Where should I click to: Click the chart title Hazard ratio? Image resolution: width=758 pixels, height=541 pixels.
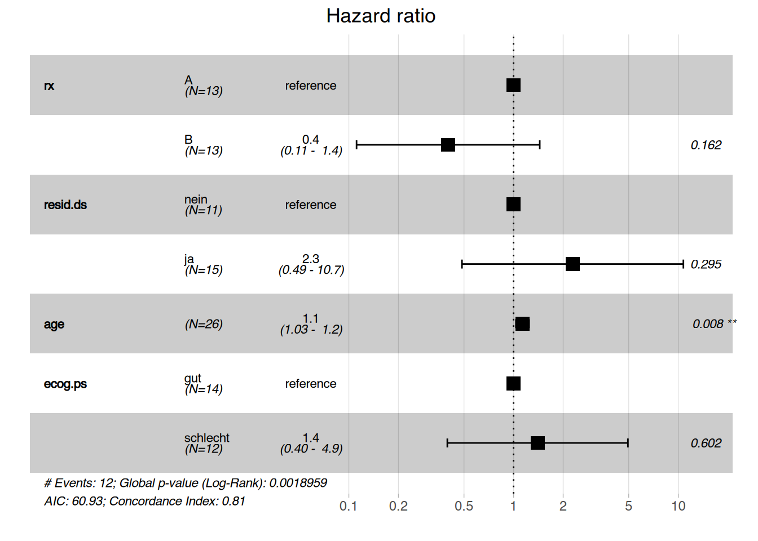pos(381,16)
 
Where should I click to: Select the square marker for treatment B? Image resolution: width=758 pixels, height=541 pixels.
pos(448,145)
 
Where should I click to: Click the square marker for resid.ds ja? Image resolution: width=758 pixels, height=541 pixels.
pos(572,264)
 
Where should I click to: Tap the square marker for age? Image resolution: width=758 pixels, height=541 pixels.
pos(522,323)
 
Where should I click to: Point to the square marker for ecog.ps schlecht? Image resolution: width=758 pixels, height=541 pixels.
pos(537,443)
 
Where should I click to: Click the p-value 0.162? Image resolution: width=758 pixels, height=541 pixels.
pos(706,145)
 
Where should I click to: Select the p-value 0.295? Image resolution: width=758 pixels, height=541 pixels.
pos(706,264)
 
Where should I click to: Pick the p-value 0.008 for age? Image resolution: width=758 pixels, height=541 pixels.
pos(708,324)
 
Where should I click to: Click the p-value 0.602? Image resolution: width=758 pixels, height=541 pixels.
pos(706,444)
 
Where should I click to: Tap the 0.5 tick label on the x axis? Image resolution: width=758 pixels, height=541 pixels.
pos(464,506)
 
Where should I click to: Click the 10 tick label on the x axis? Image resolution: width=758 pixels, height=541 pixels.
pos(678,506)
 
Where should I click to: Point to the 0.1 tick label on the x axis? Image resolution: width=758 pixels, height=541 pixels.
pos(348,506)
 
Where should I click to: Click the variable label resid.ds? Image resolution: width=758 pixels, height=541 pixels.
pos(65,205)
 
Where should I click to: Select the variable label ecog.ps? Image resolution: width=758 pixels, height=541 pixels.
pos(65,384)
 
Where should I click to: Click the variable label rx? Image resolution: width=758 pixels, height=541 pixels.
pos(49,86)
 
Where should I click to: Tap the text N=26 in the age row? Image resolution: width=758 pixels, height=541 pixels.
pos(204,324)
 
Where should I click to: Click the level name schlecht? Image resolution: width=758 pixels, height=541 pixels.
pos(206,437)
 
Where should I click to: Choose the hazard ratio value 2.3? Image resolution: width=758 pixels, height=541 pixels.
pos(311,259)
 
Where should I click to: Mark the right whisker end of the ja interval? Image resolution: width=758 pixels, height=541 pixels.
pos(683,264)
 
